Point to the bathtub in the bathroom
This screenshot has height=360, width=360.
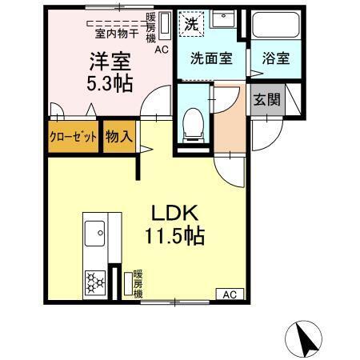coord(272,28)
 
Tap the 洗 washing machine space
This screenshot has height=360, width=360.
coord(190,25)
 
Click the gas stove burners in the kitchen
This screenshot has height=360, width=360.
coord(94,281)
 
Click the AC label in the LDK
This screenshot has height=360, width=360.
coord(230,294)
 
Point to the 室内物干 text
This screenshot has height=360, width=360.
coord(116,34)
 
